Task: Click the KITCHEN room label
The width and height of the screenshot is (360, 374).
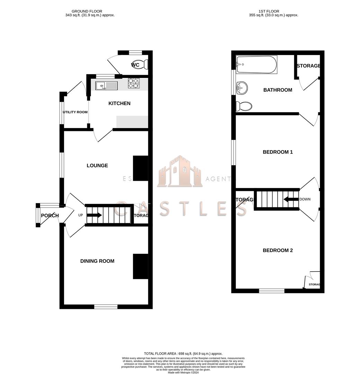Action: [x=119, y=104]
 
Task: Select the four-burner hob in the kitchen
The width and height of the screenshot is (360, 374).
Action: [x=134, y=83]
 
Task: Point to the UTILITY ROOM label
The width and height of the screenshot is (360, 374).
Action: [x=75, y=112]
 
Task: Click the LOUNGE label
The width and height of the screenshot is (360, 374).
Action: [x=97, y=166]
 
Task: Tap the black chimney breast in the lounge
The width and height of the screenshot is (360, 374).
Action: [x=141, y=168]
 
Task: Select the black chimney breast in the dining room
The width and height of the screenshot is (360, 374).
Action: [x=141, y=266]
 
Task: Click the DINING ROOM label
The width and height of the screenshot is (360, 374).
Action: [x=97, y=261]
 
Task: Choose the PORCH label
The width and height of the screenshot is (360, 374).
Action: [x=50, y=216]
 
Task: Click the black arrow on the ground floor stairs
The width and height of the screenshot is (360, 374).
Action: [x=94, y=215]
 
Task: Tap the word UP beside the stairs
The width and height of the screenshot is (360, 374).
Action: [x=81, y=215]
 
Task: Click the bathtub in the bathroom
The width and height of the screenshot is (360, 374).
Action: [x=256, y=65]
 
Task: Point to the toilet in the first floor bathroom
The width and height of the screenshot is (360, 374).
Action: [x=244, y=106]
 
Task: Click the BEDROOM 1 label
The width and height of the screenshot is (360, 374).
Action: [x=278, y=152]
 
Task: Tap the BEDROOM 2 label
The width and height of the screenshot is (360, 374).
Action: [x=278, y=250]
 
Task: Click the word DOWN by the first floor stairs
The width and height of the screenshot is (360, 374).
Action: [x=305, y=199]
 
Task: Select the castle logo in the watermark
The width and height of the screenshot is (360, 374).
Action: [x=180, y=172]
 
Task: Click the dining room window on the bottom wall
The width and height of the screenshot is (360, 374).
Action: [x=106, y=306]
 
